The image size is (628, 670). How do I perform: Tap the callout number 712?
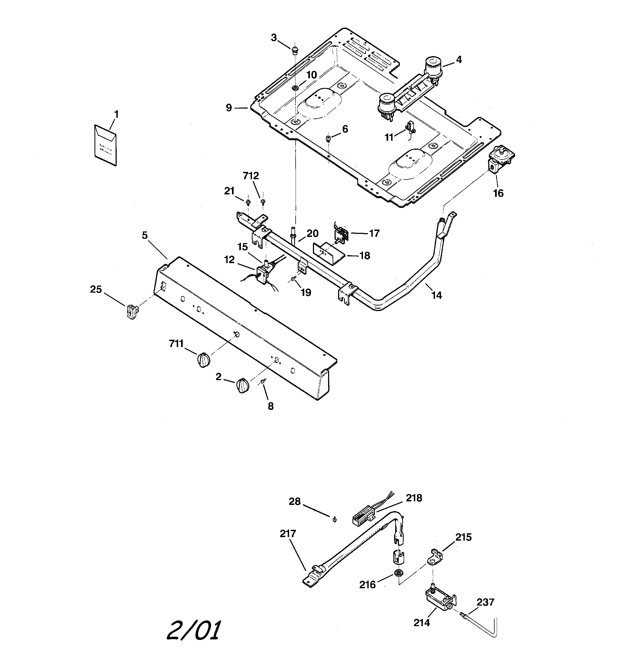point(251,176)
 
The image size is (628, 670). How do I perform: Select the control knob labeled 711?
point(203,360)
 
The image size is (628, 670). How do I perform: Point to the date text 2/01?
point(194,630)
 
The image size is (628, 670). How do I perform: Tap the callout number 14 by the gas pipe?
point(437,295)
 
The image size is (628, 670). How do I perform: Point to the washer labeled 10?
point(295,88)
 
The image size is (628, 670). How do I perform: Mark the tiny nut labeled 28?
point(334,520)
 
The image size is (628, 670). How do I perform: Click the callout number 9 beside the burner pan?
point(229,108)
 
